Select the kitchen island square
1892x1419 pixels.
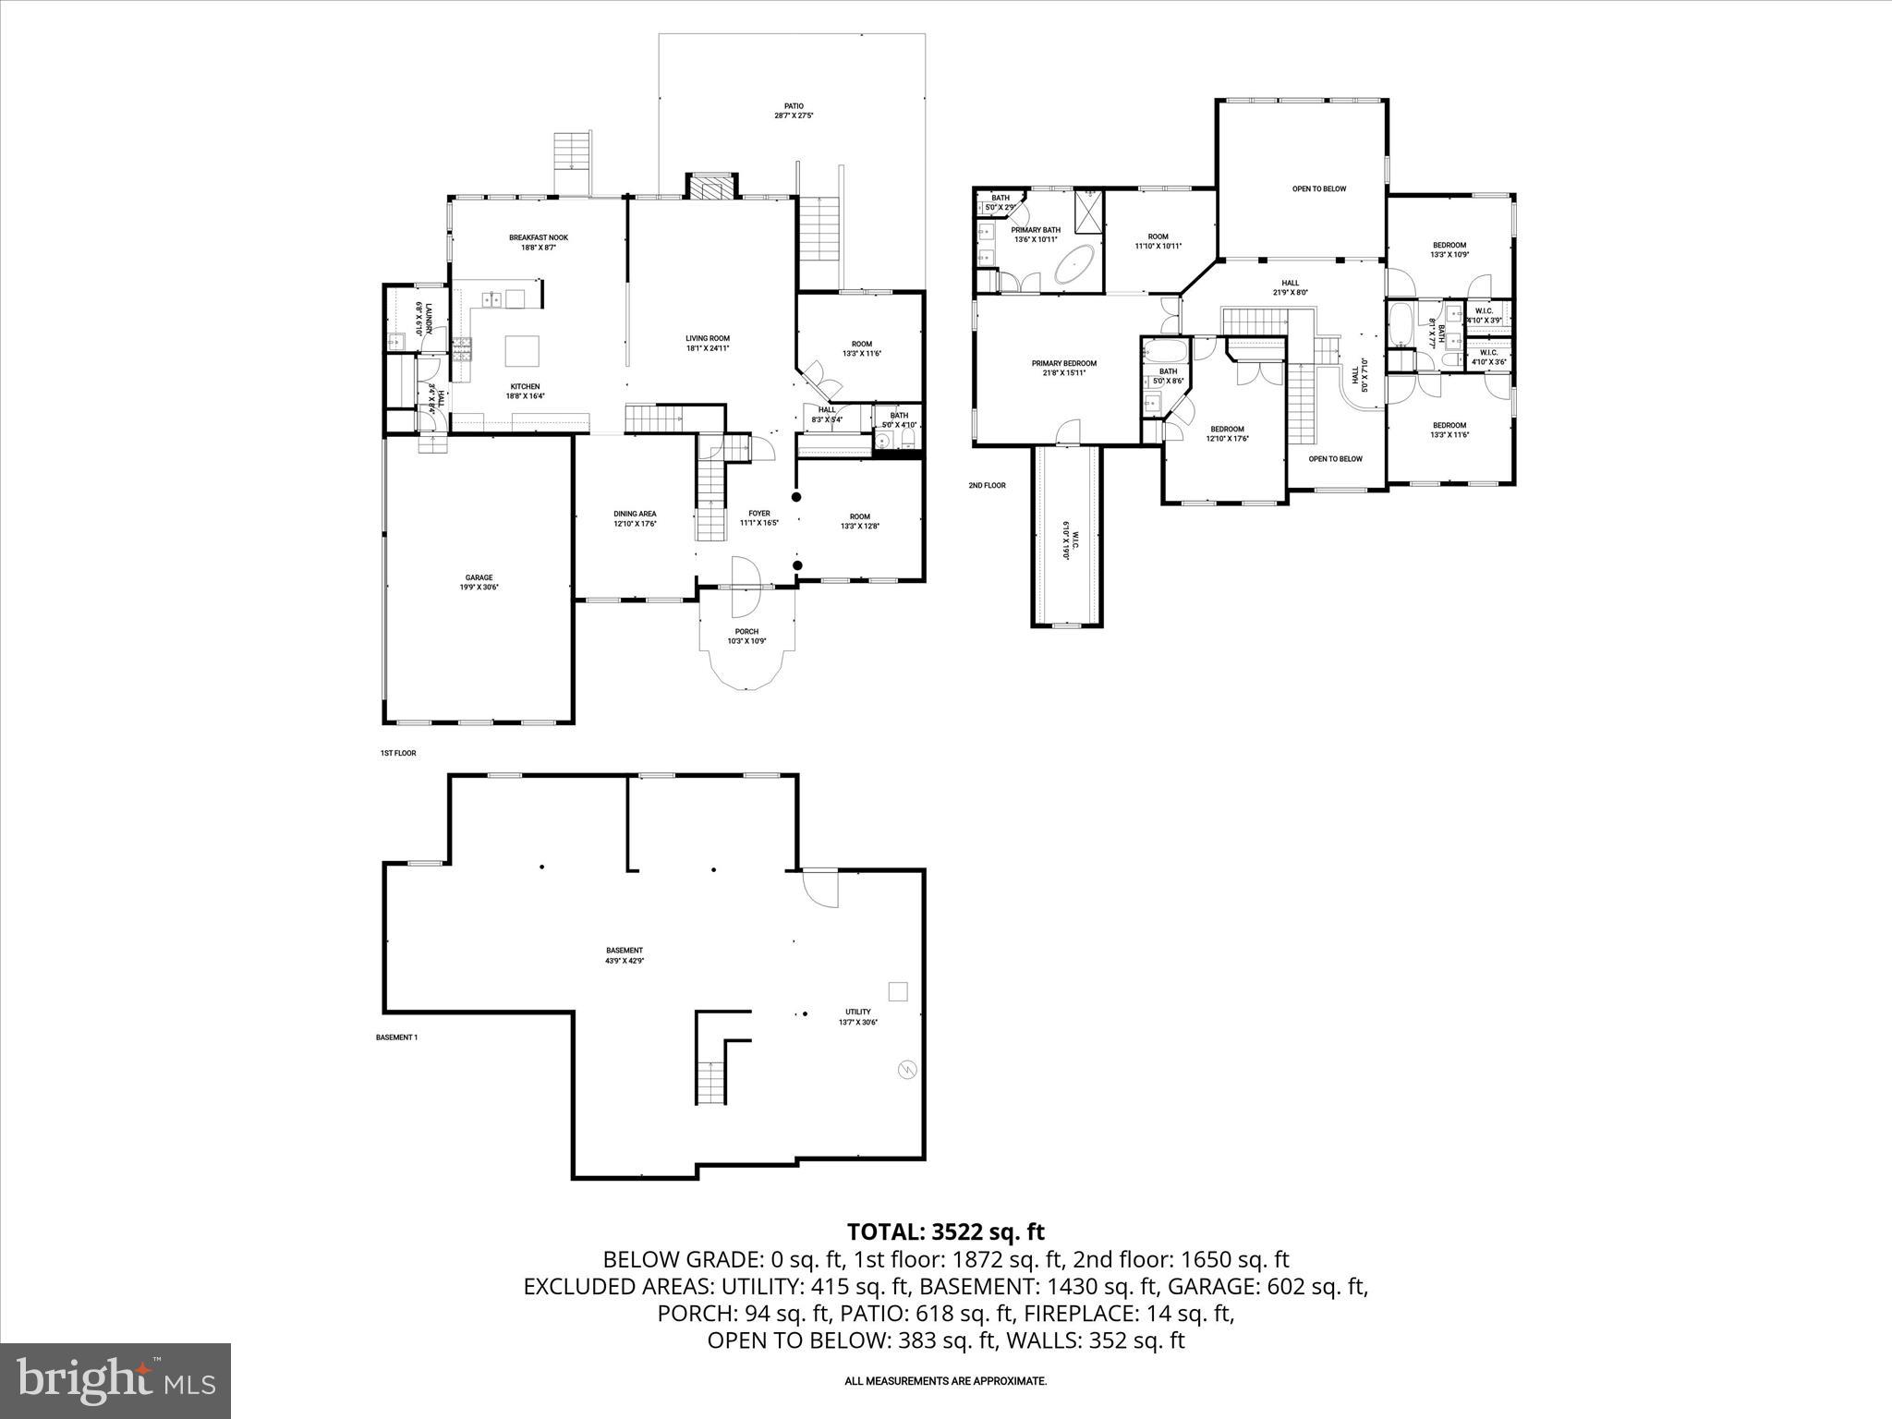[522, 351]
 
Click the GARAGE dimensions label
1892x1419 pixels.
[479, 587]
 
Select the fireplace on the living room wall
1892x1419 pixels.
[711, 188]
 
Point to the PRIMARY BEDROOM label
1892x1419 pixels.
[1063, 363]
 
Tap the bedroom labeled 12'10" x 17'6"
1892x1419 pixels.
[1227, 433]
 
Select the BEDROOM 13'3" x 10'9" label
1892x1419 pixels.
[1449, 249]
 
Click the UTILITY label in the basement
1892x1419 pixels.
[857, 1012]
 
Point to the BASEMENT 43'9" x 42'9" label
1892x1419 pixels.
[625, 955]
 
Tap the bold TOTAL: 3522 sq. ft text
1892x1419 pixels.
[945, 1231]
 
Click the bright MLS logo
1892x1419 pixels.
[115, 1380]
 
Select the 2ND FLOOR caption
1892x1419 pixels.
[987, 485]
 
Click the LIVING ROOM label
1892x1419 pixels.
[708, 343]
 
